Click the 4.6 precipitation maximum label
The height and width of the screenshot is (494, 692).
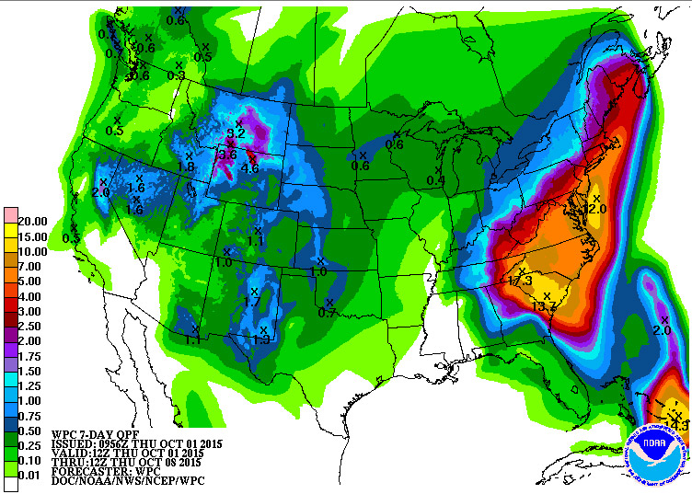pyautogui.click(x=249, y=168)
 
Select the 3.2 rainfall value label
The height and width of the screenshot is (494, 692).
pyautogui.click(x=236, y=133)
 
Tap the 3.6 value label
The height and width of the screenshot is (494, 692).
pyautogui.click(x=226, y=155)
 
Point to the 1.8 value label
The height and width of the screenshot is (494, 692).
pyautogui.click(x=186, y=167)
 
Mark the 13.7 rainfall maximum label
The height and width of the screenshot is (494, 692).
pyautogui.click(x=545, y=306)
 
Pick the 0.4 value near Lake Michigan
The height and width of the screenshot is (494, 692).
pyautogui.click(x=435, y=180)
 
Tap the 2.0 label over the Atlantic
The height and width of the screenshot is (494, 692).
pyautogui.click(x=662, y=330)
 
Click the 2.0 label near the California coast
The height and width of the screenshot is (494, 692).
pyautogui.click(x=101, y=191)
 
